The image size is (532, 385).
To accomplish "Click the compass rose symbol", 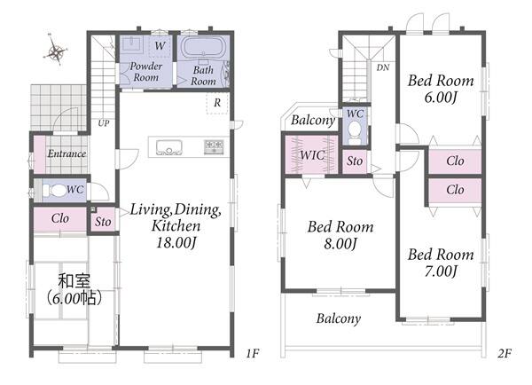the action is pos(55,51).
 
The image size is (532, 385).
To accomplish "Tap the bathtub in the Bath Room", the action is pos(203,48).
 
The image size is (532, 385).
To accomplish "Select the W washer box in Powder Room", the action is pos(160,45).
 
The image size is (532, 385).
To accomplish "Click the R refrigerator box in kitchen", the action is pos(217,103).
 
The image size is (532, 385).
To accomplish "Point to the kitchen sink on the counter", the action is pos(169,147).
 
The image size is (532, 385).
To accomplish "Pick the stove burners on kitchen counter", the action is pos(214,146).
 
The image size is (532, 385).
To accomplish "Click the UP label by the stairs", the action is pos(104,123).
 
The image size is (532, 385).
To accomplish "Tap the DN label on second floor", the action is pos(383,67).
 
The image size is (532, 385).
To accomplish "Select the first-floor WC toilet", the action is pos(55,191).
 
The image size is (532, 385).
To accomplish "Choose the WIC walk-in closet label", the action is pos(312,155).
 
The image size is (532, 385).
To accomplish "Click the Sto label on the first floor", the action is pos(103,222).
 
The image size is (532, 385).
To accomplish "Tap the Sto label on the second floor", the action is pos(355,161).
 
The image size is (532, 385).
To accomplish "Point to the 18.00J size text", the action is pos(176,243).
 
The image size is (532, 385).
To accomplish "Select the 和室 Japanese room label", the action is pos(74,281).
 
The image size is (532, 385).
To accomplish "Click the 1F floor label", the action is pos(253,354).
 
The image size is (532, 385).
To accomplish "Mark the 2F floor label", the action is pos(505,354).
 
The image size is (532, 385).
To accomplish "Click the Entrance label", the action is pos(66,153).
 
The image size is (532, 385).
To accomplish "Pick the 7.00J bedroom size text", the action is pos(441,271).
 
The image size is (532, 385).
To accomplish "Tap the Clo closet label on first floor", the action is pos(60,218).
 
